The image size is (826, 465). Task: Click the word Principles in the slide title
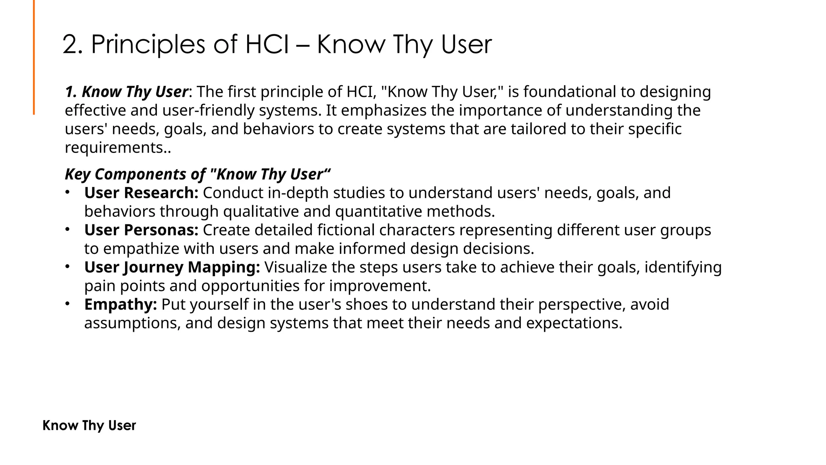[148, 44]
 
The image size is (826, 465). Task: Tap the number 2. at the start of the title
[73, 44]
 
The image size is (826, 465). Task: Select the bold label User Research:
[141, 193]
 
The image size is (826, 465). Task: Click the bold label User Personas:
[141, 230]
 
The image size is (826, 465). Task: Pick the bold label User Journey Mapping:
[172, 267]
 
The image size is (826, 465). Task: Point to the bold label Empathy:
[120, 304]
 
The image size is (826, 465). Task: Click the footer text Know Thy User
[89, 425]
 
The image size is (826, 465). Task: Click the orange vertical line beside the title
[34, 57]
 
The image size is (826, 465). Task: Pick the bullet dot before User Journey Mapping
[68, 266]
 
